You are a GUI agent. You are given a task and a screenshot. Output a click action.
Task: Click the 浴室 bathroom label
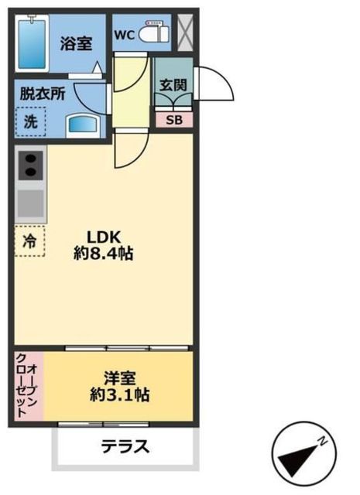pyautogui.click(x=77, y=44)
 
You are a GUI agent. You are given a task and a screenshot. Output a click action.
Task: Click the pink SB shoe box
pyautogui.click(x=173, y=120)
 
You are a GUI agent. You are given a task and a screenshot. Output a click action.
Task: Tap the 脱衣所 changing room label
pyautogui.click(x=43, y=91)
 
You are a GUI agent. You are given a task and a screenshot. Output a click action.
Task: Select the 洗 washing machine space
pyautogui.click(x=30, y=121)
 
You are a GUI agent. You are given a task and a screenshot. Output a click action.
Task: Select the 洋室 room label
pyautogui.click(x=121, y=378)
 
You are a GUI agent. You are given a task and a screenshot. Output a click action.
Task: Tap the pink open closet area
pyautogui.click(x=29, y=387)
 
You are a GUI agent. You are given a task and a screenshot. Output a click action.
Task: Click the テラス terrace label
pyautogui.click(x=124, y=448)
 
